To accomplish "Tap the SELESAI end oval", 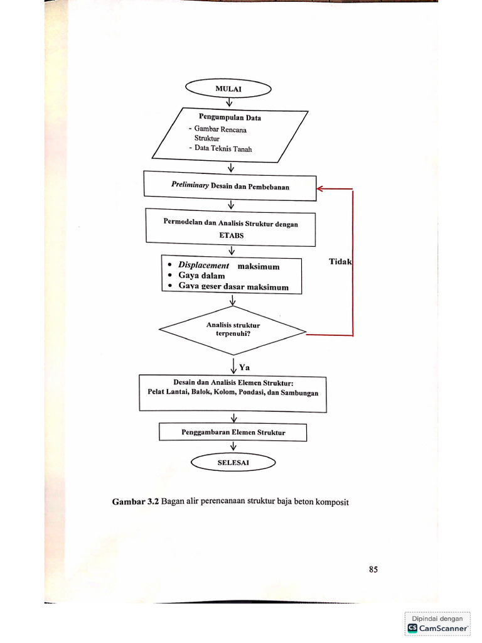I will click(x=233, y=462).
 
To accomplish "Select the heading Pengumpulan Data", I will click(x=230, y=117).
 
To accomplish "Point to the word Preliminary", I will click(x=190, y=186).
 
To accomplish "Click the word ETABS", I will click(x=231, y=235).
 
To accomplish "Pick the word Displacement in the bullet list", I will click(x=203, y=266).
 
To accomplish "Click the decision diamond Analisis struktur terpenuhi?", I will click(x=233, y=329).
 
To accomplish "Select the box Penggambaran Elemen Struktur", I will click(x=233, y=433).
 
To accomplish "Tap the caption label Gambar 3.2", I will click(x=135, y=501).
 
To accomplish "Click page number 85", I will click(x=373, y=570).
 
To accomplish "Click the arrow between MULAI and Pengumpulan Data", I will click(x=230, y=102).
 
